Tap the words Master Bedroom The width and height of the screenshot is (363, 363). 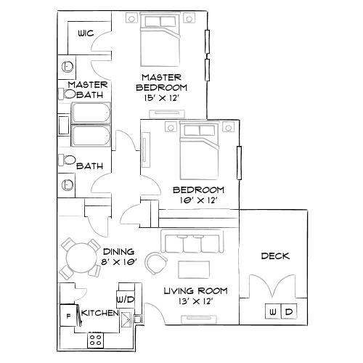tap(161, 82)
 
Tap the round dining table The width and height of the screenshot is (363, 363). tap(81, 255)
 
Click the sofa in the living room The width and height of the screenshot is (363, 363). tap(192, 243)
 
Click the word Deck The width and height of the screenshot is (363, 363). tap(275, 256)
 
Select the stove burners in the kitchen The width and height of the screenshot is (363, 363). tap(95, 338)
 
